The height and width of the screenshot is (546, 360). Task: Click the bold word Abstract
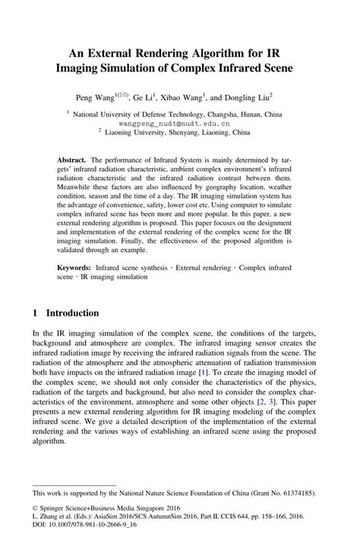72,161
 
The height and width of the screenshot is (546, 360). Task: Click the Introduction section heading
73,312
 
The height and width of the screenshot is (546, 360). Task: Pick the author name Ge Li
143,98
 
